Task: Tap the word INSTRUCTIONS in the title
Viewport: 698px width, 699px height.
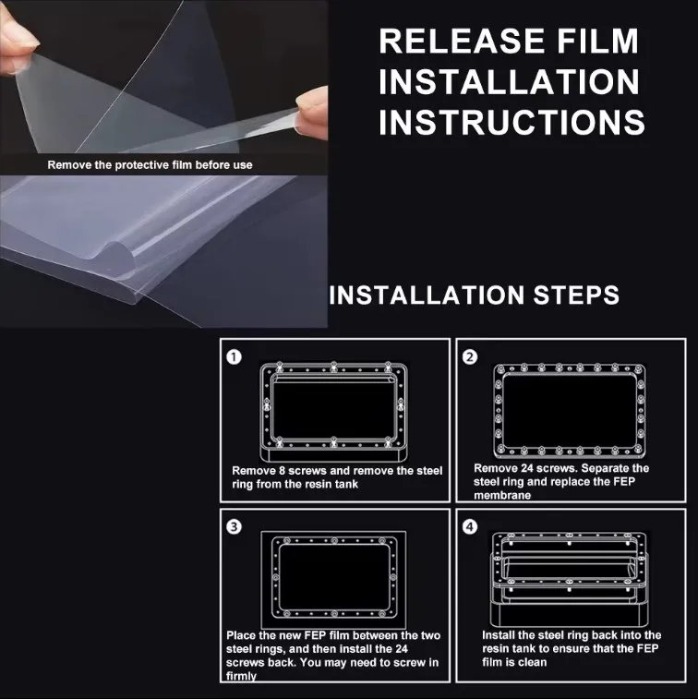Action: [x=511, y=122]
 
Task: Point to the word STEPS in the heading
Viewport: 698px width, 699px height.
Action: [x=576, y=295]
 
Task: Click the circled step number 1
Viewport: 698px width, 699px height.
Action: [x=234, y=357]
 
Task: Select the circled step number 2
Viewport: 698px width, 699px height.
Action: [x=470, y=357]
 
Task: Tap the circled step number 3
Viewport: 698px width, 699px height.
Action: [x=234, y=527]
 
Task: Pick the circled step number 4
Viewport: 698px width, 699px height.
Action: [x=470, y=527]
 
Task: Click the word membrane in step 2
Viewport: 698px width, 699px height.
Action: [x=502, y=495]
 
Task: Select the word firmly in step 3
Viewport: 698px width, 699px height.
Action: [x=241, y=676]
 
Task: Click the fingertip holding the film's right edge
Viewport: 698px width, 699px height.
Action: [x=312, y=114]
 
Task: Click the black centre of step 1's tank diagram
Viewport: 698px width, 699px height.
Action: [x=333, y=410]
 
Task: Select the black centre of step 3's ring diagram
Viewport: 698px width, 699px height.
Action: [x=334, y=577]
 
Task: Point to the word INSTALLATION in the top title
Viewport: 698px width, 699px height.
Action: [x=509, y=81]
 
